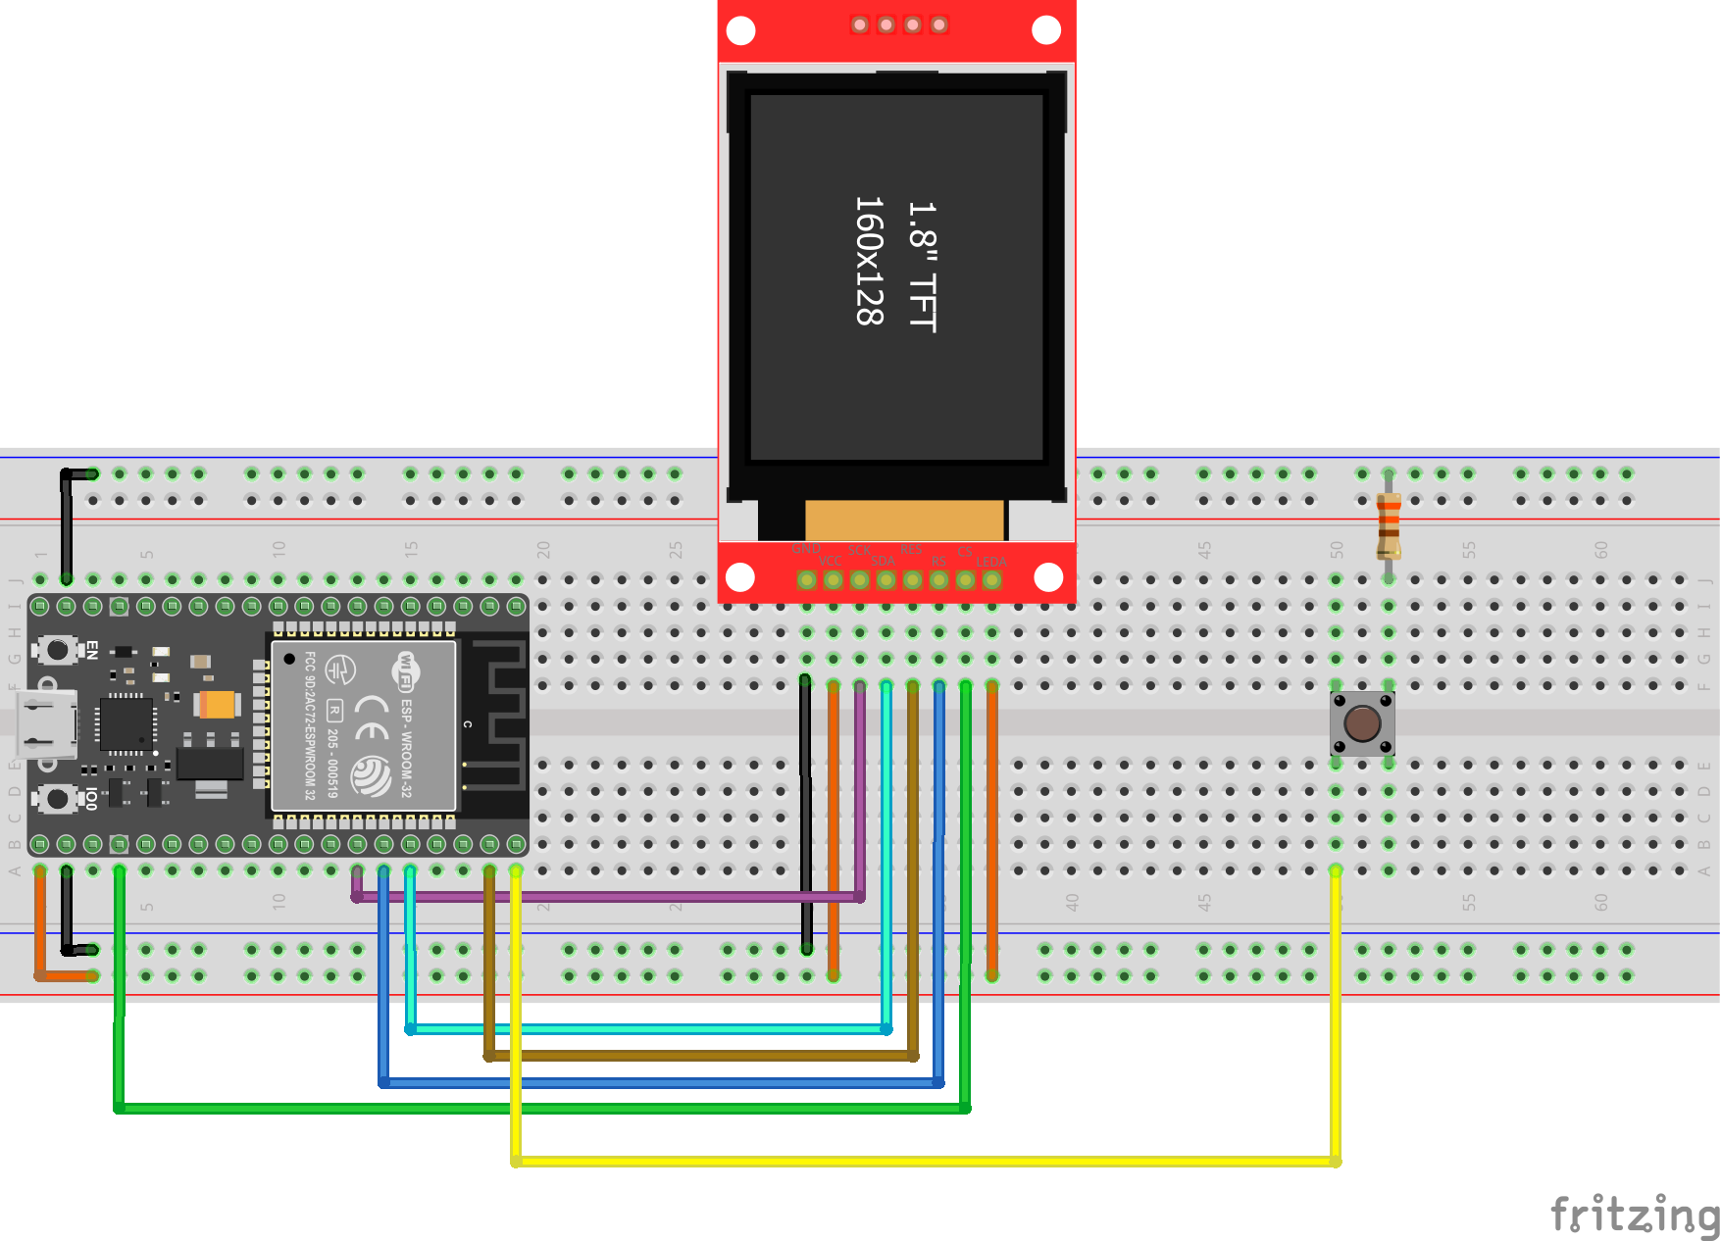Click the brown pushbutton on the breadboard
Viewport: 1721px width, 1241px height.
[x=1362, y=723]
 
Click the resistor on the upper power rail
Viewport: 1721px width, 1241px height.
[x=1389, y=524]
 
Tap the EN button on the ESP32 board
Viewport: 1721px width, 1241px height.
[x=58, y=649]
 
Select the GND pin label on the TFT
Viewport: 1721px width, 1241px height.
[x=805, y=549]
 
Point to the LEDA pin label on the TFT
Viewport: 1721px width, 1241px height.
[x=990, y=562]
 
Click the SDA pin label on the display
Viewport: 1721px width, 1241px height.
[x=883, y=562]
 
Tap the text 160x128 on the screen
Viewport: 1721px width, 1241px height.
[x=869, y=261]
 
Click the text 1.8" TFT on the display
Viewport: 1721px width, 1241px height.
[x=922, y=267]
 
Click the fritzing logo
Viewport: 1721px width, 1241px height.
[x=1634, y=1215]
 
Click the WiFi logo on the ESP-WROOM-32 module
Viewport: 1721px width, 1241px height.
[x=405, y=670]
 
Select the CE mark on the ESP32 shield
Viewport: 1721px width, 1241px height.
[x=372, y=718]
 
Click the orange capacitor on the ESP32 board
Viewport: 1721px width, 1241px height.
[x=217, y=704]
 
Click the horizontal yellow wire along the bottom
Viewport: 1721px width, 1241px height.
[x=922, y=1162]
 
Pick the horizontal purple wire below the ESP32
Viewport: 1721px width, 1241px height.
[x=608, y=896]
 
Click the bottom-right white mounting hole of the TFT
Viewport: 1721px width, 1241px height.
[x=1048, y=577]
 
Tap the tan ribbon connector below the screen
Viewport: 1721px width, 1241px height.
[x=904, y=520]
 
